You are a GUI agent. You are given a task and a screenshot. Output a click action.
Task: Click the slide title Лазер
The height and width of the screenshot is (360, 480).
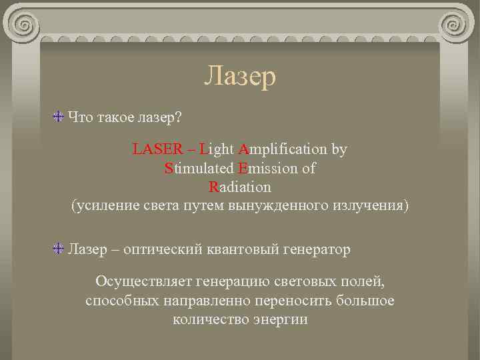coord(240,77)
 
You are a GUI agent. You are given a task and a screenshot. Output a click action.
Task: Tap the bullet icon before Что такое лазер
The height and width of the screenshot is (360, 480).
coord(59,117)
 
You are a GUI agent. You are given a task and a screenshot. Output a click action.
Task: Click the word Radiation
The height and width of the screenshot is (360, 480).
coord(239,187)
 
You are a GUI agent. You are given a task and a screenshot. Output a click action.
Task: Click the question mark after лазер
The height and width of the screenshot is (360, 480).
coord(177,117)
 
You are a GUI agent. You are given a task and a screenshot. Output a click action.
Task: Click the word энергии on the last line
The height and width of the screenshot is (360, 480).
coord(278,319)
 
